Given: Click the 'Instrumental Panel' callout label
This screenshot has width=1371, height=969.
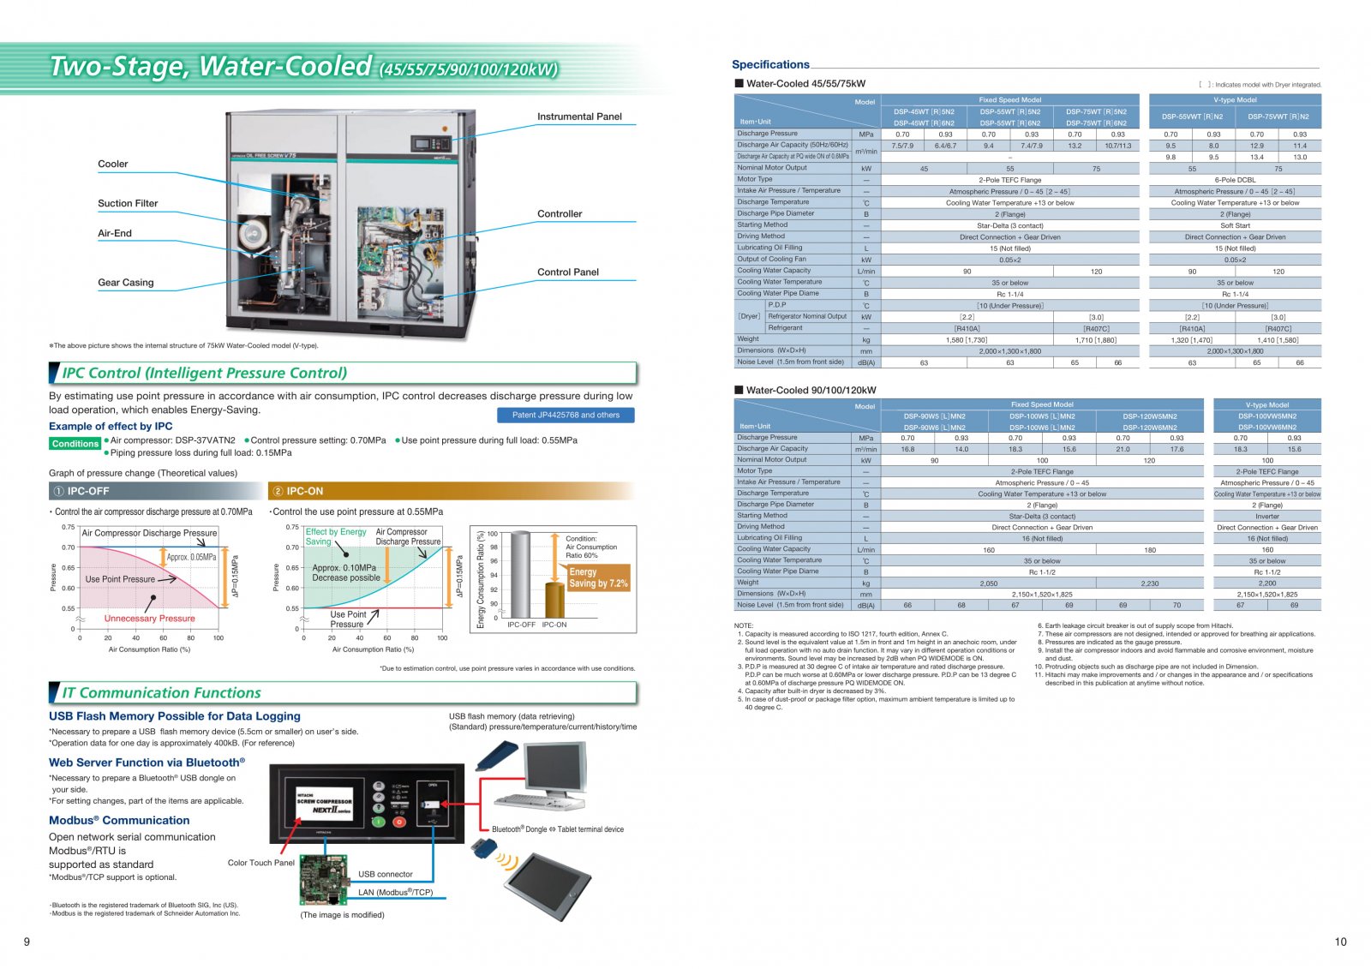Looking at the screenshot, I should pyautogui.click(x=579, y=117).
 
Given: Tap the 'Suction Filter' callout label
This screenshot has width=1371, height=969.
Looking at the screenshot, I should pyautogui.click(x=128, y=203).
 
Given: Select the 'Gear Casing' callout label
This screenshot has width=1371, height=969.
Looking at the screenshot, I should pyautogui.click(x=126, y=282).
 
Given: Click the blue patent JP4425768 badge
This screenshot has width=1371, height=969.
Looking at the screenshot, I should pyautogui.click(x=566, y=415).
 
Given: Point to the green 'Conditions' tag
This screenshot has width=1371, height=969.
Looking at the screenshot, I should pyautogui.click(x=75, y=444).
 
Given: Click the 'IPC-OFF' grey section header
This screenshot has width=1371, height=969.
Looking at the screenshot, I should pyautogui.click(x=154, y=491).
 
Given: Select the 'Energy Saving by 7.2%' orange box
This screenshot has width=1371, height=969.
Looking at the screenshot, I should pyautogui.click(x=598, y=577).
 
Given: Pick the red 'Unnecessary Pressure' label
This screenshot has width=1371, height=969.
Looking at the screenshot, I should pyautogui.click(x=149, y=618).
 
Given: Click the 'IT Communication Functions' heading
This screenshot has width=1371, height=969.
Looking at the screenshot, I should pyautogui.click(x=162, y=692).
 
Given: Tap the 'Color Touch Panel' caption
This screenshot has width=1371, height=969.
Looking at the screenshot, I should pyautogui.click(x=261, y=863).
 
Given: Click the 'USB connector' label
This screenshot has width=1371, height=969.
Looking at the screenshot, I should pyautogui.click(x=385, y=874).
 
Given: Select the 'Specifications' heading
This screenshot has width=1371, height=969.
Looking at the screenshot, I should pyautogui.click(x=770, y=64).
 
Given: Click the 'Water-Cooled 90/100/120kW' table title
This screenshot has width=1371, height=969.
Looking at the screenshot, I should pyautogui.click(x=811, y=390).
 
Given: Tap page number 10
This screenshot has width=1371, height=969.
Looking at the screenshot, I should pyautogui.click(x=1340, y=942).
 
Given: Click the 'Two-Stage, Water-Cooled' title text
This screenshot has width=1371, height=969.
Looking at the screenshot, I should pyautogui.click(x=211, y=66).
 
